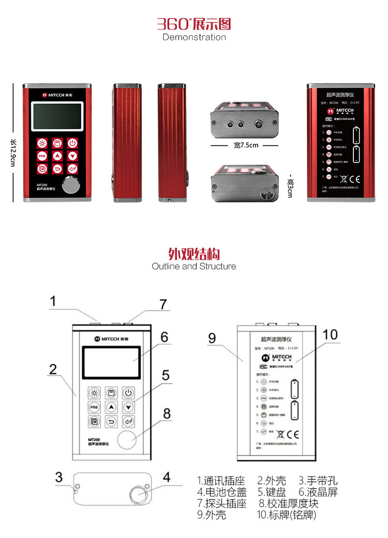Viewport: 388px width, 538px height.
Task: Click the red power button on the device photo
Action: [x=73, y=143]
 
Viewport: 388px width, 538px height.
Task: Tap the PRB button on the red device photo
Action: [x=42, y=156]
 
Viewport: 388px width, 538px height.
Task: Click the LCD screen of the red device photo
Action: [x=57, y=116]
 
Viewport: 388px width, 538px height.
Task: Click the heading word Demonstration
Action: [x=194, y=37]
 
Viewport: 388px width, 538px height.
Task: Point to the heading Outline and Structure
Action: [x=194, y=266]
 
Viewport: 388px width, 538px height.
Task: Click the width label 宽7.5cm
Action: [x=246, y=145]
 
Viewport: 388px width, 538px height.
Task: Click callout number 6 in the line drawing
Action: [x=164, y=337]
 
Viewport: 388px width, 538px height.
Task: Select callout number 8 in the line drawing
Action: [x=167, y=414]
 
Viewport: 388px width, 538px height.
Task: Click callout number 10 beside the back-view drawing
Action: [x=330, y=335]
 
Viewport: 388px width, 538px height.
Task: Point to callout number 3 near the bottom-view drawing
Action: [x=59, y=477]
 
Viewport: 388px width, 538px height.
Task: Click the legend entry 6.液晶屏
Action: [x=318, y=492]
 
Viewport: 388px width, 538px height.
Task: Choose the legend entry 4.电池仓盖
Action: [x=222, y=492]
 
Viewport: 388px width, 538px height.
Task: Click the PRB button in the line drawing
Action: [x=94, y=407]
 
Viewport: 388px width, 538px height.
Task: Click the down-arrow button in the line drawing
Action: [x=128, y=407]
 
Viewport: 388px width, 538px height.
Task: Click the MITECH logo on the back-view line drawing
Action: [x=276, y=357]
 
